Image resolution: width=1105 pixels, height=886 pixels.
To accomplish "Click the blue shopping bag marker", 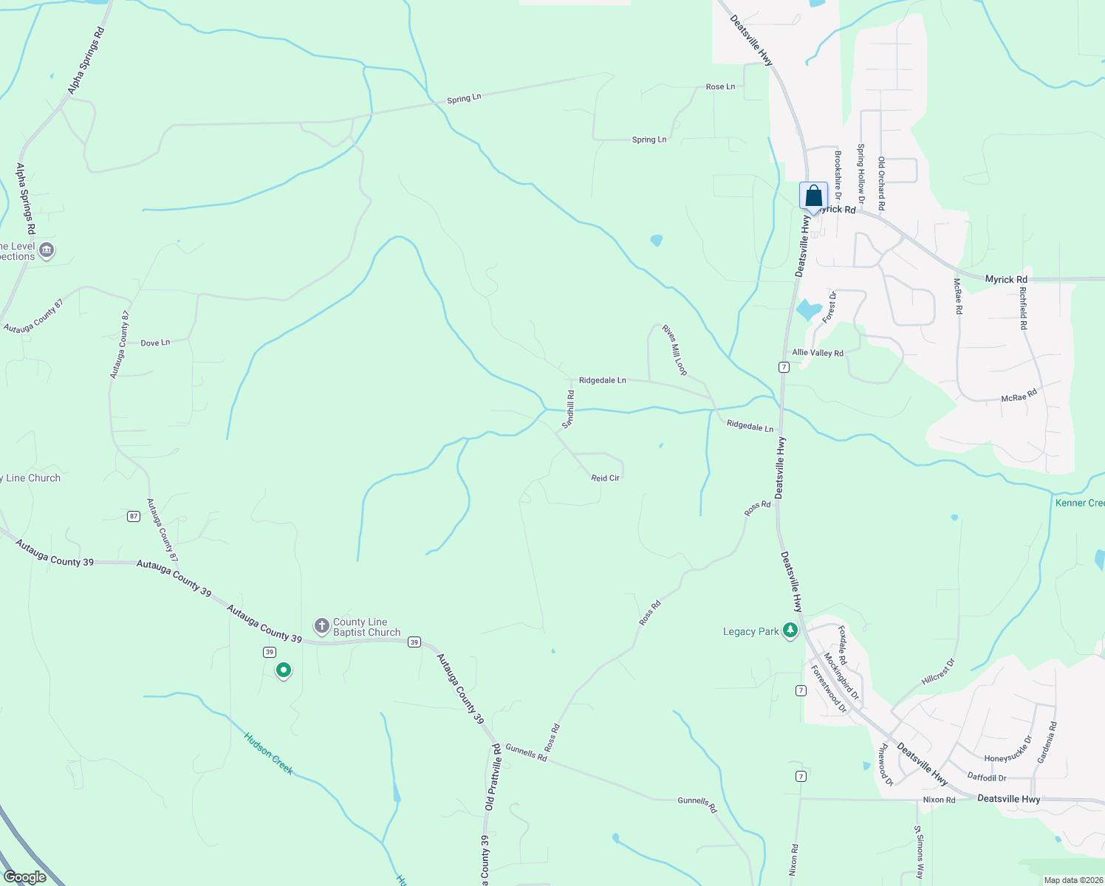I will pos(813,196).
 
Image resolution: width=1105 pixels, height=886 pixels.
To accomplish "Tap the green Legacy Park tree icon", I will pos(790,631).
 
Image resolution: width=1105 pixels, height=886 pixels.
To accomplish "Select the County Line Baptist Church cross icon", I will pos(321,627).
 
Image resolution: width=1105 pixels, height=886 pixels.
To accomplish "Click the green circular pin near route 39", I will pos(283,670).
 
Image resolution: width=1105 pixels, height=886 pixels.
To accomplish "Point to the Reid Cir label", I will pos(605,478).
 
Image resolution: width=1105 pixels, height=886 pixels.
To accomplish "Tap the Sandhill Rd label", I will pos(568,410).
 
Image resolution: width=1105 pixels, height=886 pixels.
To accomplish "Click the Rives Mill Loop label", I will pos(674,350).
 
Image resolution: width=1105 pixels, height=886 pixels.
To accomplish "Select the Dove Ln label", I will pos(155,343).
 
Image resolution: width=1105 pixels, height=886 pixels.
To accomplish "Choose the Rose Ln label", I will pos(720,87).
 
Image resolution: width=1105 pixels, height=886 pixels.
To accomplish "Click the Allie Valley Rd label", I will pos(818,353).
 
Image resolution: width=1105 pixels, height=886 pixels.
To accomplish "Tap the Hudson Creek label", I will pos(269,753).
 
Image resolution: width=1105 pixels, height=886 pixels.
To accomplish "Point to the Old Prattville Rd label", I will pos(493,777).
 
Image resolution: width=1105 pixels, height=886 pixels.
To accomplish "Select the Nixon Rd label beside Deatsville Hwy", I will pos(939,800).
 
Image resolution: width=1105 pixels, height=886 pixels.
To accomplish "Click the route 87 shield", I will pos(133,516).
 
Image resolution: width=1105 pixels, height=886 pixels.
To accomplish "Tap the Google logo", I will pos(25,877).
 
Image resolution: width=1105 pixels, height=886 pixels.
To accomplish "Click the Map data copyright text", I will pos(1072,880).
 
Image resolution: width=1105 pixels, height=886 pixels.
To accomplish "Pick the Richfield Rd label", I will pos(1023,307).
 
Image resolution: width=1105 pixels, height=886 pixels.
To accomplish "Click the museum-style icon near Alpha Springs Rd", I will pos(47,251).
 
